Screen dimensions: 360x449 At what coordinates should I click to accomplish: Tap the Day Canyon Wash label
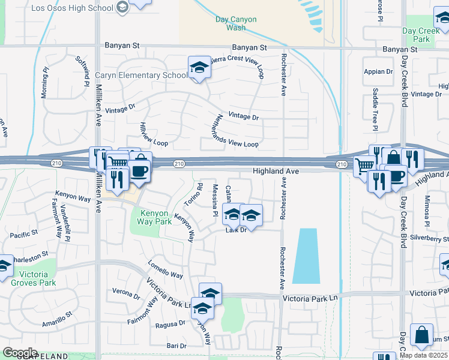[x=235, y=23]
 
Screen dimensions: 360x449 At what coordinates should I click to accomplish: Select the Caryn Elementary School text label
[x=142, y=76]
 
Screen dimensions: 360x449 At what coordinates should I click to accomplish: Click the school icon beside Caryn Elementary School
[x=199, y=67]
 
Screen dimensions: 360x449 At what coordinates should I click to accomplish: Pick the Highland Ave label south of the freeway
[x=276, y=172]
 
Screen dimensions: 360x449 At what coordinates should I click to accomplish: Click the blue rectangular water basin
[x=306, y=256]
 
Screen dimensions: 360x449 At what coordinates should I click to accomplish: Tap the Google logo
[x=20, y=353]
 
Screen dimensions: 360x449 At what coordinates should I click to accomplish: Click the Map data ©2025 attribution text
[x=423, y=355]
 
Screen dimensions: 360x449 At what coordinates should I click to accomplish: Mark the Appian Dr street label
[x=378, y=72]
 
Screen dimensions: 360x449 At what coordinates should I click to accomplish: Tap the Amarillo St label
[x=57, y=319]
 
